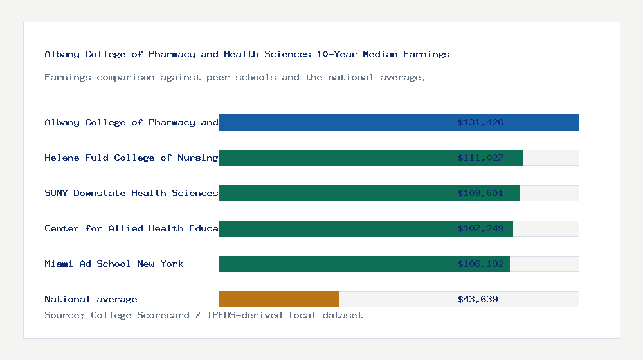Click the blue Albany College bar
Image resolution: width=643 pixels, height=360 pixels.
click(334, 122)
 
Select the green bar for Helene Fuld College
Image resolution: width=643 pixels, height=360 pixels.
click(334, 157)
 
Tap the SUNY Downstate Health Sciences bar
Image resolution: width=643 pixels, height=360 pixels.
click(334, 193)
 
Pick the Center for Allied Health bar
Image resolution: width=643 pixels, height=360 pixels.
click(334, 228)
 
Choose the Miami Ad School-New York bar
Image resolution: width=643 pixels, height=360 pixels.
click(334, 264)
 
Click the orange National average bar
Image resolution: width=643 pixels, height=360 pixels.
click(278, 299)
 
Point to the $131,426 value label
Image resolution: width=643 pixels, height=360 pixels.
click(480, 122)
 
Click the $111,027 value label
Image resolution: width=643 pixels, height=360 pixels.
click(480, 157)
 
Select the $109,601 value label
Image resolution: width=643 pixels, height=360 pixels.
click(480, 193)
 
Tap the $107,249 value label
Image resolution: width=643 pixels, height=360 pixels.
click(480, 228)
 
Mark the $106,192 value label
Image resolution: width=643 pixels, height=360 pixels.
click(480, 264)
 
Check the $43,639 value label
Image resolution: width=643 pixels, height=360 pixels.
click(478, 299)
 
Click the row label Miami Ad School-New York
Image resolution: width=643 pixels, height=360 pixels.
click(114, 264)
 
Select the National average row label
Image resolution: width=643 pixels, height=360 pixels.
click(91, 299)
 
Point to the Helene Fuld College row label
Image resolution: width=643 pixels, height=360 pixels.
click(131, 157)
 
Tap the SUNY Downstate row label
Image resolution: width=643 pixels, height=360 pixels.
click(131, 193)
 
